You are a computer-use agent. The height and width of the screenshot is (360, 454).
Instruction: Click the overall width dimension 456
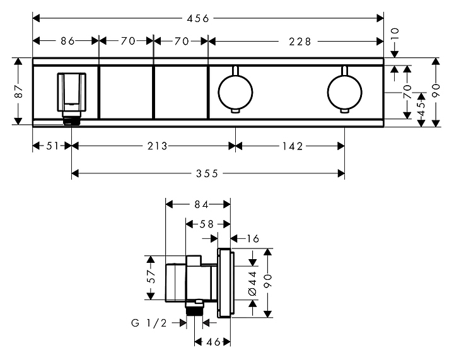coord(198,19)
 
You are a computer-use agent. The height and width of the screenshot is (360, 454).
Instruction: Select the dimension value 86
coord(67,41)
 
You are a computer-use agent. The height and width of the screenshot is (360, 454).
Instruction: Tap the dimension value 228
coord(300,42)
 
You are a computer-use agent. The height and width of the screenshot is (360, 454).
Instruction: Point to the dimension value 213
coord(158,146)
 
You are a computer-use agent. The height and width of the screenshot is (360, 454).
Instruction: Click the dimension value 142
coord(293,146)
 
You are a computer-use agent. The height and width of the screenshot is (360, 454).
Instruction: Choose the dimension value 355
coord(207,173)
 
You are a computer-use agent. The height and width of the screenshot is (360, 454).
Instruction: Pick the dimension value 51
coord(53,146)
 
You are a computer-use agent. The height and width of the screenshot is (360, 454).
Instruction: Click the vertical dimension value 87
coord(19,91)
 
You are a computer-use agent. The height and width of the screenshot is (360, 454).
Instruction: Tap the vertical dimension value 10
coord(394,34)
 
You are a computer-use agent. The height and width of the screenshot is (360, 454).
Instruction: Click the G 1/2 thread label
coord(149,323)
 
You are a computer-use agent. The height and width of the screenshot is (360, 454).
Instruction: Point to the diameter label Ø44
coord(252,283)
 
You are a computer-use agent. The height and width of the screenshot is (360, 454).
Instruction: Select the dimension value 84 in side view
coord(201,205)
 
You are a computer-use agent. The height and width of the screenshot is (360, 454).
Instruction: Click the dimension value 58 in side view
coord(207,224)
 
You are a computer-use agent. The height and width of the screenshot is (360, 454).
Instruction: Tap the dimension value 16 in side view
coord(253,239)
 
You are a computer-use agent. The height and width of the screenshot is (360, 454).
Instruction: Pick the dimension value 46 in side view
coord(214,342)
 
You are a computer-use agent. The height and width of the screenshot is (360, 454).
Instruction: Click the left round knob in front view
coord(235,92)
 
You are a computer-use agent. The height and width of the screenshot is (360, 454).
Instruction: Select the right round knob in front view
coord(344,92)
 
